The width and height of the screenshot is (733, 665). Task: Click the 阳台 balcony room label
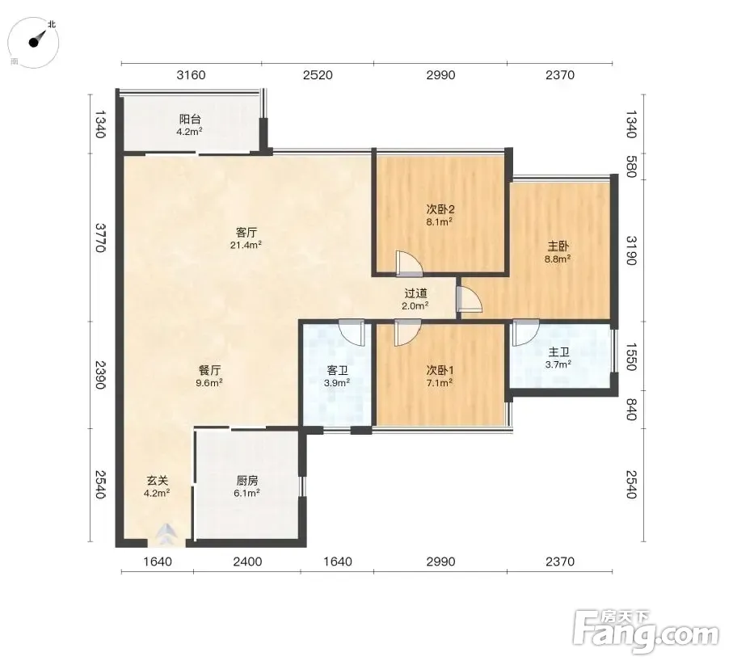click(190, 120)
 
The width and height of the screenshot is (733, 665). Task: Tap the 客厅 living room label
click(246, 232)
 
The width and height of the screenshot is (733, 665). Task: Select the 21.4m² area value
click(246, 245)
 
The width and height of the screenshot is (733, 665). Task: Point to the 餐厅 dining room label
click(209, 370)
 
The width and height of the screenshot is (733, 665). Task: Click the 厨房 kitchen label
click(246, 481)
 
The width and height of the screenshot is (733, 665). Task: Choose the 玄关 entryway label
click(157, 481)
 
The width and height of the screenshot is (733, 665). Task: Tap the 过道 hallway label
click(415, 293)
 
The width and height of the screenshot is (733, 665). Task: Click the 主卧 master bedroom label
click(558, 246)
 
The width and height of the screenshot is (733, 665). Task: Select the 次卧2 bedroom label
click(440, 209)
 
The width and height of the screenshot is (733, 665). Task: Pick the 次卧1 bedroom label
click(440, 370)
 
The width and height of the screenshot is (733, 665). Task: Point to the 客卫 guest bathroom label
click(338, 370)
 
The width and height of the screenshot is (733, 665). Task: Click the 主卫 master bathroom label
click(558, 352)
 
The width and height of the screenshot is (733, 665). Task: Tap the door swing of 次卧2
click(407, 263)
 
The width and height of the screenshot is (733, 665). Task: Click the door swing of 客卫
click(351, 332)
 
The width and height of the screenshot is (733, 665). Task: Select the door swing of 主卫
click(525, 332)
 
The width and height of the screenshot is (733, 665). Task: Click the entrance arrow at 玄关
click(166, 534)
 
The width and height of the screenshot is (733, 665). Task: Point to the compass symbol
click(34, 42)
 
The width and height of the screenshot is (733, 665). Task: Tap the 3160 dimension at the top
click(192, 75)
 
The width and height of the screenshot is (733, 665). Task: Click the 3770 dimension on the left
click(100, 238)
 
